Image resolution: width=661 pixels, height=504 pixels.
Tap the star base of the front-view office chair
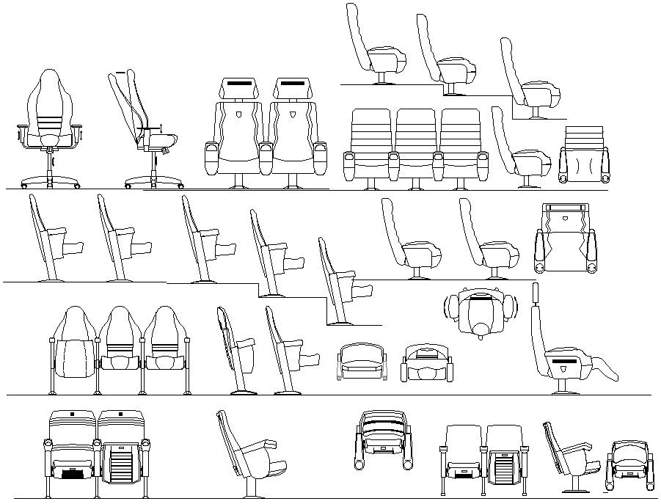pos(49,180)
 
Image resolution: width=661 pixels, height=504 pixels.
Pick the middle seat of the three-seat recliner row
pos(416,143)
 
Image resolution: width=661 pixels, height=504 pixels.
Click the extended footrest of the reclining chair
pos(603,365)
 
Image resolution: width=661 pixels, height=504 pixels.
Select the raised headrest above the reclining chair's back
pos(536,293)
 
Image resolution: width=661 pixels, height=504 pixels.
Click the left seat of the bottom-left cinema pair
pos(71,450)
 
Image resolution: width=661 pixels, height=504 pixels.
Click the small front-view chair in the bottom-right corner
pos(630,465)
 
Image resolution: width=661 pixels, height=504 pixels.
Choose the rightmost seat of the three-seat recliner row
pos(461,143)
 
